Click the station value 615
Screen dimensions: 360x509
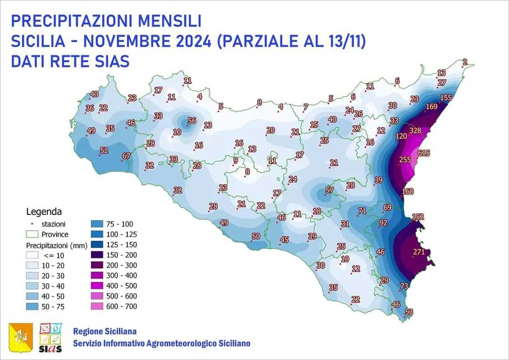(x=424, y=153)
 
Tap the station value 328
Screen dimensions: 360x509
(x=415, y=131)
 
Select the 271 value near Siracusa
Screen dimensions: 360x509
(x=419, y=252)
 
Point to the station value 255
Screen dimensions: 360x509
(x=405, y=160)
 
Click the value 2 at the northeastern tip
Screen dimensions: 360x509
(x=465, y=62)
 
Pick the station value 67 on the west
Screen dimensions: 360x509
(x=126, y=156)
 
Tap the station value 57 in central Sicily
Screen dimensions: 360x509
(x=329, y=190)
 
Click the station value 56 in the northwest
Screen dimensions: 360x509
(x=192, y=121)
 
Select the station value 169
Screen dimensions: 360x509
(x=431, y=106)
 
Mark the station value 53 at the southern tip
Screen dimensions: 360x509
(x=409, y=312)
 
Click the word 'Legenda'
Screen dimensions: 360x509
(x=44, y=212)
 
